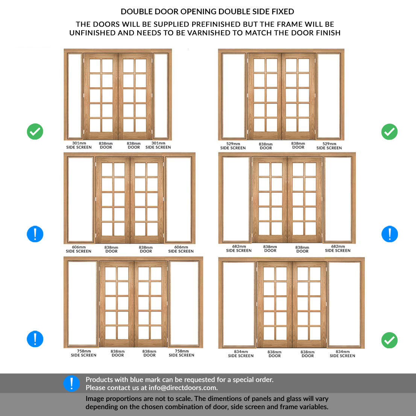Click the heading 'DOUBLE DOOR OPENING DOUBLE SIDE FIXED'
(207, 12)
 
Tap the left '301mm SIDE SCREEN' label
(79, 145)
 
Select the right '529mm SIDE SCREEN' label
(329, 146)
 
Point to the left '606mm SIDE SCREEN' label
(79, 249)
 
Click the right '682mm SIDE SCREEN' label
(338, 248)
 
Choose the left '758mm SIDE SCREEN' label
(84, 353)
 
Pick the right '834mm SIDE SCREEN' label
(342, 354)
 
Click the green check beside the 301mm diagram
(35, 131)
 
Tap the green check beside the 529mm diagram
(389, 132)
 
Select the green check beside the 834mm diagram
(389, 340)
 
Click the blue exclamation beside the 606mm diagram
(35, 234)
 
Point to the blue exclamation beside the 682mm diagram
(389, 234)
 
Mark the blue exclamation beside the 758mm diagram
(35, 339)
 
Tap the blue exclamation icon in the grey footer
(71, 383)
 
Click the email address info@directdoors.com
(183, 388)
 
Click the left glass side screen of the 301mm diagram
(75, 96)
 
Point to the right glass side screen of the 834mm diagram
(344, 304)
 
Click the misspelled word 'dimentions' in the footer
(234, 399)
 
